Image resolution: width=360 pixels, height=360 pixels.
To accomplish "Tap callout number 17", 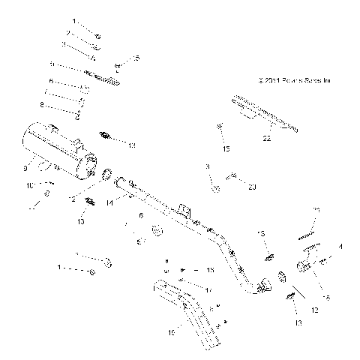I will coord(208,289).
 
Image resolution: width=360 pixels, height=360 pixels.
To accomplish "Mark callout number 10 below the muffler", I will coord(30,184).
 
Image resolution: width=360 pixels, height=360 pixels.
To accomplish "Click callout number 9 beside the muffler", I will coord(26,166).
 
